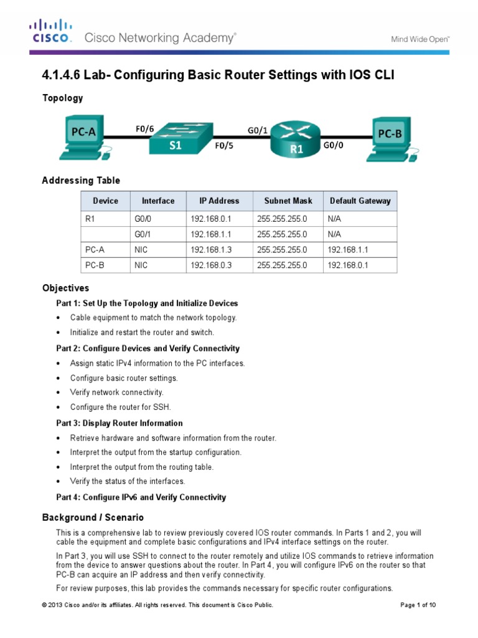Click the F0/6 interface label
coord(144,129)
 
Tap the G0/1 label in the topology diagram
coord(257,130)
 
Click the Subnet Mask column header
coord(288,201)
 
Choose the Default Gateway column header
coord(360,201)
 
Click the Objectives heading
coord(65,288)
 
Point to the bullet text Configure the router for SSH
coord(120,407)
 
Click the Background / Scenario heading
coord(93,518)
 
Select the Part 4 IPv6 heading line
coord(141,497)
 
